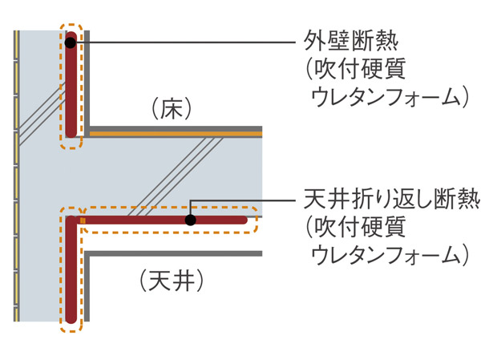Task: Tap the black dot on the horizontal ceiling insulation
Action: (190, 219)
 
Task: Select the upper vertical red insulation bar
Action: (71, 88)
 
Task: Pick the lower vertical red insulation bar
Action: (71, 273)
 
